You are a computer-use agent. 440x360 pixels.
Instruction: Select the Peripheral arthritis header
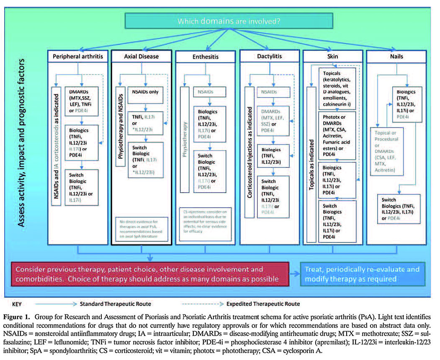78,56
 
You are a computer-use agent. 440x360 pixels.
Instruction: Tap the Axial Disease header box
142,56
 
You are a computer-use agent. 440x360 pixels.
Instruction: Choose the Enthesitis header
205,57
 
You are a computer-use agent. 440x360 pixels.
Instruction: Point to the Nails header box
396,56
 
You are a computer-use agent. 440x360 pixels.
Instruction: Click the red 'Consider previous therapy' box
149,274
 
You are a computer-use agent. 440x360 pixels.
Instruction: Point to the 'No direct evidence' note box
142,229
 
